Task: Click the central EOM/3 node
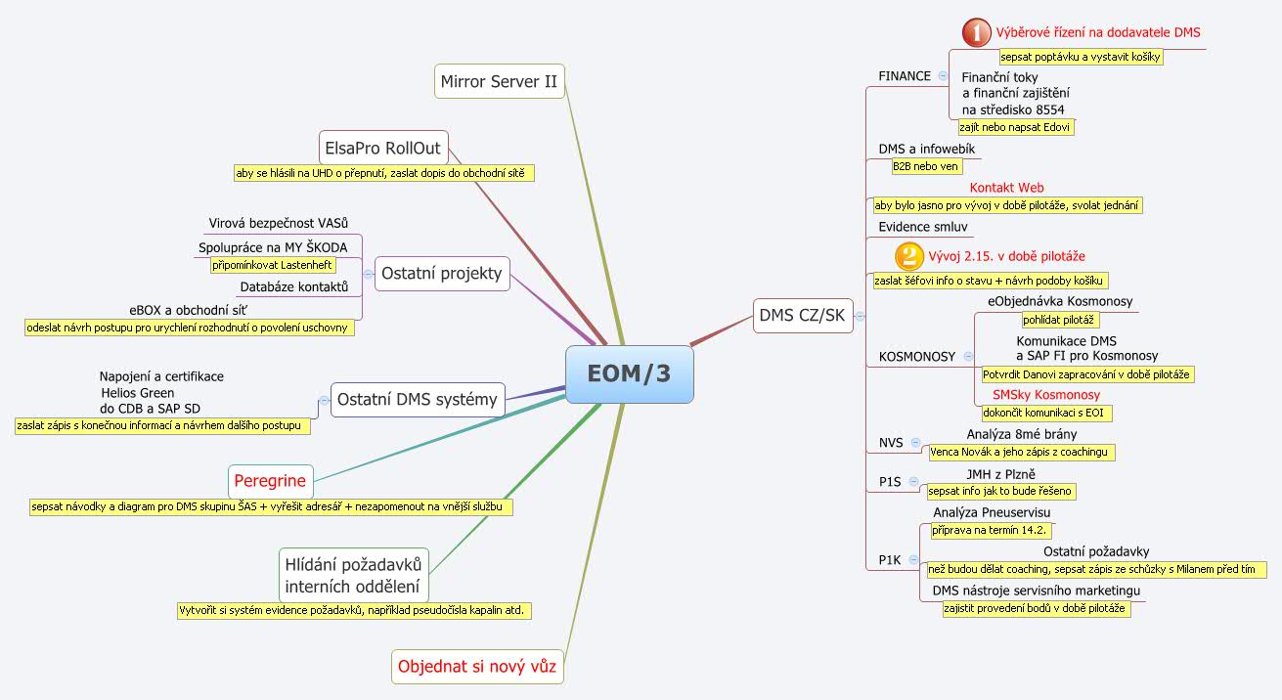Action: (629, 373)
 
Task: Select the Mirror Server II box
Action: (499, 81)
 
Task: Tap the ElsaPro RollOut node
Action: (383, 149)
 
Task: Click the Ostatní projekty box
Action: (441, 273)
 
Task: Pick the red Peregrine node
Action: (270, 480)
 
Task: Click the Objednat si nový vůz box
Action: (477, 668)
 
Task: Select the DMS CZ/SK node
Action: (802, 315)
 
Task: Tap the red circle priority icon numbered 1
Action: (976, 33)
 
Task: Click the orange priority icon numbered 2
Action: (909, 257)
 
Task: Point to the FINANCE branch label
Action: (905, 76)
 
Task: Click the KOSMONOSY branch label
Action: (916, 357)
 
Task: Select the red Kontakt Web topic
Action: (1006, 188)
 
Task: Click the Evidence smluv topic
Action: (922, 227)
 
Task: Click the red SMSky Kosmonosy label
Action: (1045, 395)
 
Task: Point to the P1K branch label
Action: (889, 560)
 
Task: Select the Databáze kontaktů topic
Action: (293, 286)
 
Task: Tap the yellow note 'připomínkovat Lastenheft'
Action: (273, 265)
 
